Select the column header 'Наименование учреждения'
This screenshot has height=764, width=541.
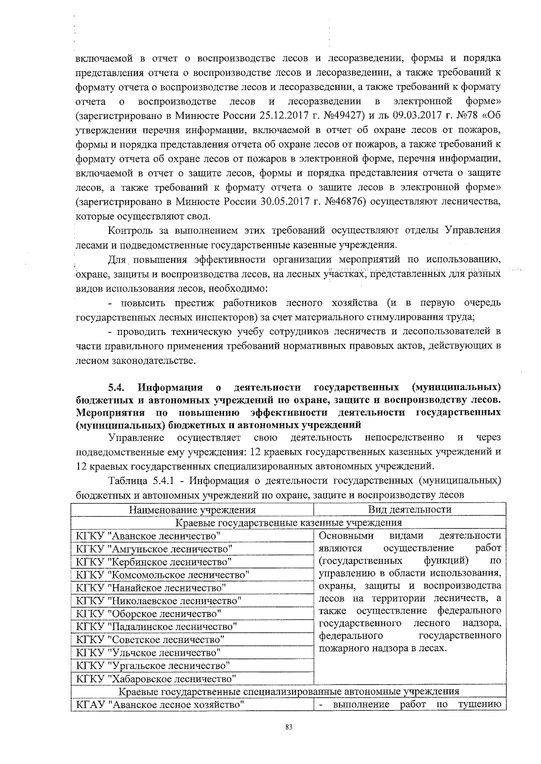(193, 510)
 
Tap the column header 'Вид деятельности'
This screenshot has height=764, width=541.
(409, 509)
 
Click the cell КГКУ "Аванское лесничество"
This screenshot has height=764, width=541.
(149, 535)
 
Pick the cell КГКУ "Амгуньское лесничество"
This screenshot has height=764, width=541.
(155, 549)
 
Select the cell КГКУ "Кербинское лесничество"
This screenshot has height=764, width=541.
(154, 562)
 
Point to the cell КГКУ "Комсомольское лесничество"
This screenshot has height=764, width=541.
(163, 575)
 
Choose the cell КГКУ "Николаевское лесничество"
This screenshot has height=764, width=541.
(159, 601)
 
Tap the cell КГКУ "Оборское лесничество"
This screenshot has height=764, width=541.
(149, 613)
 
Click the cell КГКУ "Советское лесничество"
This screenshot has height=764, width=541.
(151, 640)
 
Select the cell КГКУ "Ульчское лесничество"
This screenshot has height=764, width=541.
(149, 653)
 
